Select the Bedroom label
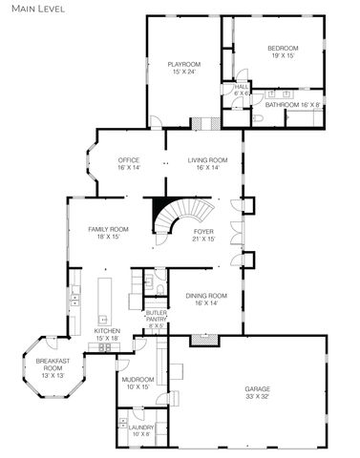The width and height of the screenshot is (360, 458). [283, 52]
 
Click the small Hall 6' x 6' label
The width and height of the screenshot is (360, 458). [242, 90]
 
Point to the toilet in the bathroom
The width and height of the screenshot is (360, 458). [259, 118]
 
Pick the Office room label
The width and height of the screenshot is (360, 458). [129, 163]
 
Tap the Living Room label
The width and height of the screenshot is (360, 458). [207, 163]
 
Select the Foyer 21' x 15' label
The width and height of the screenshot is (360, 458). [204, 234]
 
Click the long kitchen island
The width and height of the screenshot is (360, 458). [104, 301]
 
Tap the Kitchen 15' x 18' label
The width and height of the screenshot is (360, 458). [107, 334]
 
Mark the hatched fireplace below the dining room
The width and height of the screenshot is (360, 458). [200, 338]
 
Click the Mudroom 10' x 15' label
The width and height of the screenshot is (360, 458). [138, 383]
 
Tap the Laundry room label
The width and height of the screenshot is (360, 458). [141, 431]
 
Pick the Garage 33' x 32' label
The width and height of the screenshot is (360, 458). [252, 393]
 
